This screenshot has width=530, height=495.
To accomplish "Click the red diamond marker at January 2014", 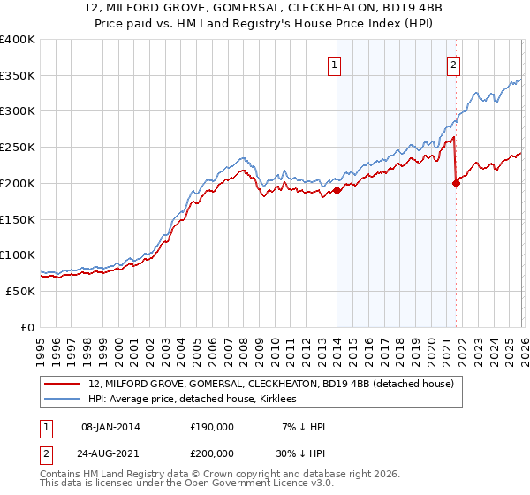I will click(337, 190).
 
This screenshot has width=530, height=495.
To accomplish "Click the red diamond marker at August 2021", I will click(457, 183).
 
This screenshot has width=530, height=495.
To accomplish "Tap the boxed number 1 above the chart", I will click(336, 64).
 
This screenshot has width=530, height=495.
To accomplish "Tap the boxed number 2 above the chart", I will click(453, 64).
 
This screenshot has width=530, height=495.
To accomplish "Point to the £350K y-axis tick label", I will click(18, 76).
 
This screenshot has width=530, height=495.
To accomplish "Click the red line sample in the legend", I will click(62, 384).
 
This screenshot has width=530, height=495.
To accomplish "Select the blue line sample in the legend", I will click(62, 400).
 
